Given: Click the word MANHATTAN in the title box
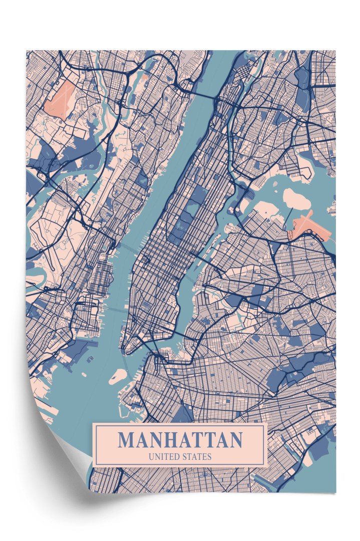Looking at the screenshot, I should tap(180, 440).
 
